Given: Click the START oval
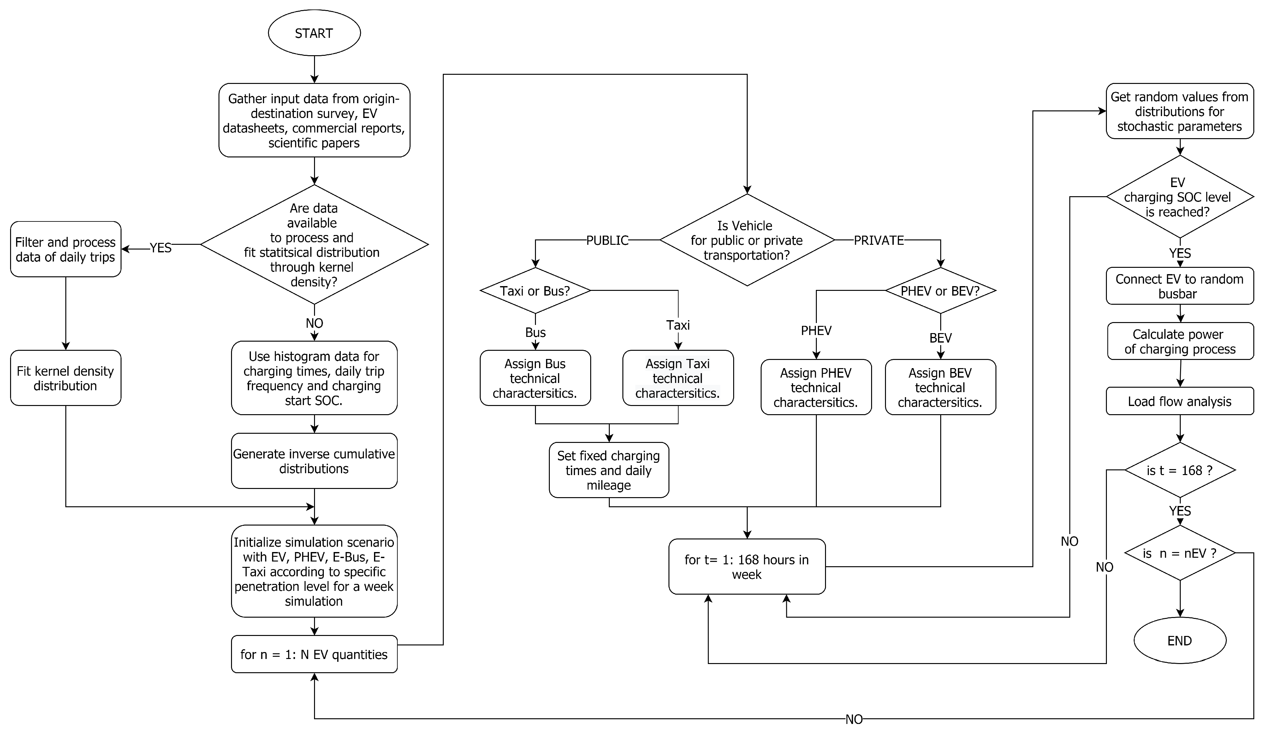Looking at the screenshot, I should point(314,33).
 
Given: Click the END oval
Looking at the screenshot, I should point(1180,641).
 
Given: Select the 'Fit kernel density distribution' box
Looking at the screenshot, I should point(65,378).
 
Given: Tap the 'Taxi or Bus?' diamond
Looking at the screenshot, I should point(535,291).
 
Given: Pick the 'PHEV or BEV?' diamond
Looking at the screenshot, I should point(940,291).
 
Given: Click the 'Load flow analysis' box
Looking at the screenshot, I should point(1180,401).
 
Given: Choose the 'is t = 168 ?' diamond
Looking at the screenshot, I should point(1180,470).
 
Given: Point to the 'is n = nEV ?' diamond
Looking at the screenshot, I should point(1180,553).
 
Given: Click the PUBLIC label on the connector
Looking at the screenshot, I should point(607,240).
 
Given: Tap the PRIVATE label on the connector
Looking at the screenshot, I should point(878,240).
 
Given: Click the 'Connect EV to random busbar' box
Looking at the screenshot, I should point(1180,286).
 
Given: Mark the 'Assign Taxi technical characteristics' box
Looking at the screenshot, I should point(678,378).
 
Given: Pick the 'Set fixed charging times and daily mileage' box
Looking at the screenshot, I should point(609,470).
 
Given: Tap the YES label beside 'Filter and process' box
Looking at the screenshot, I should point(161,248).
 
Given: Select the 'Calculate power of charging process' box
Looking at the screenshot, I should point(1180,341).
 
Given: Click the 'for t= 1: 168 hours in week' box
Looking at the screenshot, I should point(747,567).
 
